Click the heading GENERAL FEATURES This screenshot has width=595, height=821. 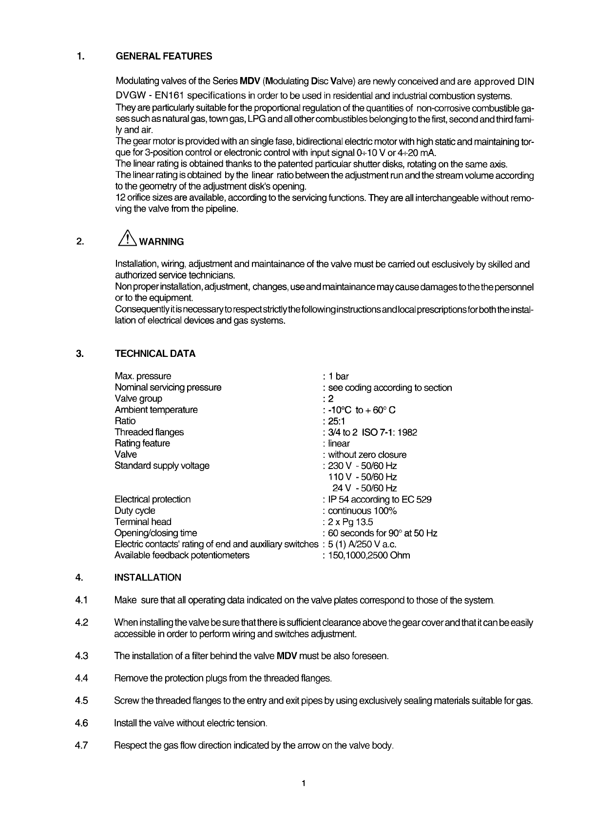pyautogui.click(x=164, y=56)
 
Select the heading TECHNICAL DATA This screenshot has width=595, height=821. pyautogui.click(x=155, y=354)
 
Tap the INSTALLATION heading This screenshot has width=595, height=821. pyautogui.click(x=148, y=578)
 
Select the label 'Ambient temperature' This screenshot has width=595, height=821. pyautogui.click(x=156, y=410)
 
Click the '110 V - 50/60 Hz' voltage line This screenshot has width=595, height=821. pyautogui.click(x=363, y=477)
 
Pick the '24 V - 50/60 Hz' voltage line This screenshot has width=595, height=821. pyautogui.click(x=365, y=489)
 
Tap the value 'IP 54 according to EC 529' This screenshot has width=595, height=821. pyautogui.click(x=379, y=500)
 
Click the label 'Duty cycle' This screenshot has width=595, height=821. pyautogui.click(x=135, y=511)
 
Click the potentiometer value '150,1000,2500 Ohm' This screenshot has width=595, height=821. pyautogui.click(x=369, y=556)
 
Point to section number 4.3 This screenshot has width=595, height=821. pyautogui.click(x=82, y=656)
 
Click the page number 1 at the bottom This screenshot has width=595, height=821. pyautogui.click(x=303, y=784)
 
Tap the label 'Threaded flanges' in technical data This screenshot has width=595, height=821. pyautogui.click(x=149, y=432)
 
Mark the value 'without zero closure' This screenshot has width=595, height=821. pyautogui.click(x=367, y=455)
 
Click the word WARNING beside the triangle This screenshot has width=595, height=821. pyautogui.click(x=161, y=242)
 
